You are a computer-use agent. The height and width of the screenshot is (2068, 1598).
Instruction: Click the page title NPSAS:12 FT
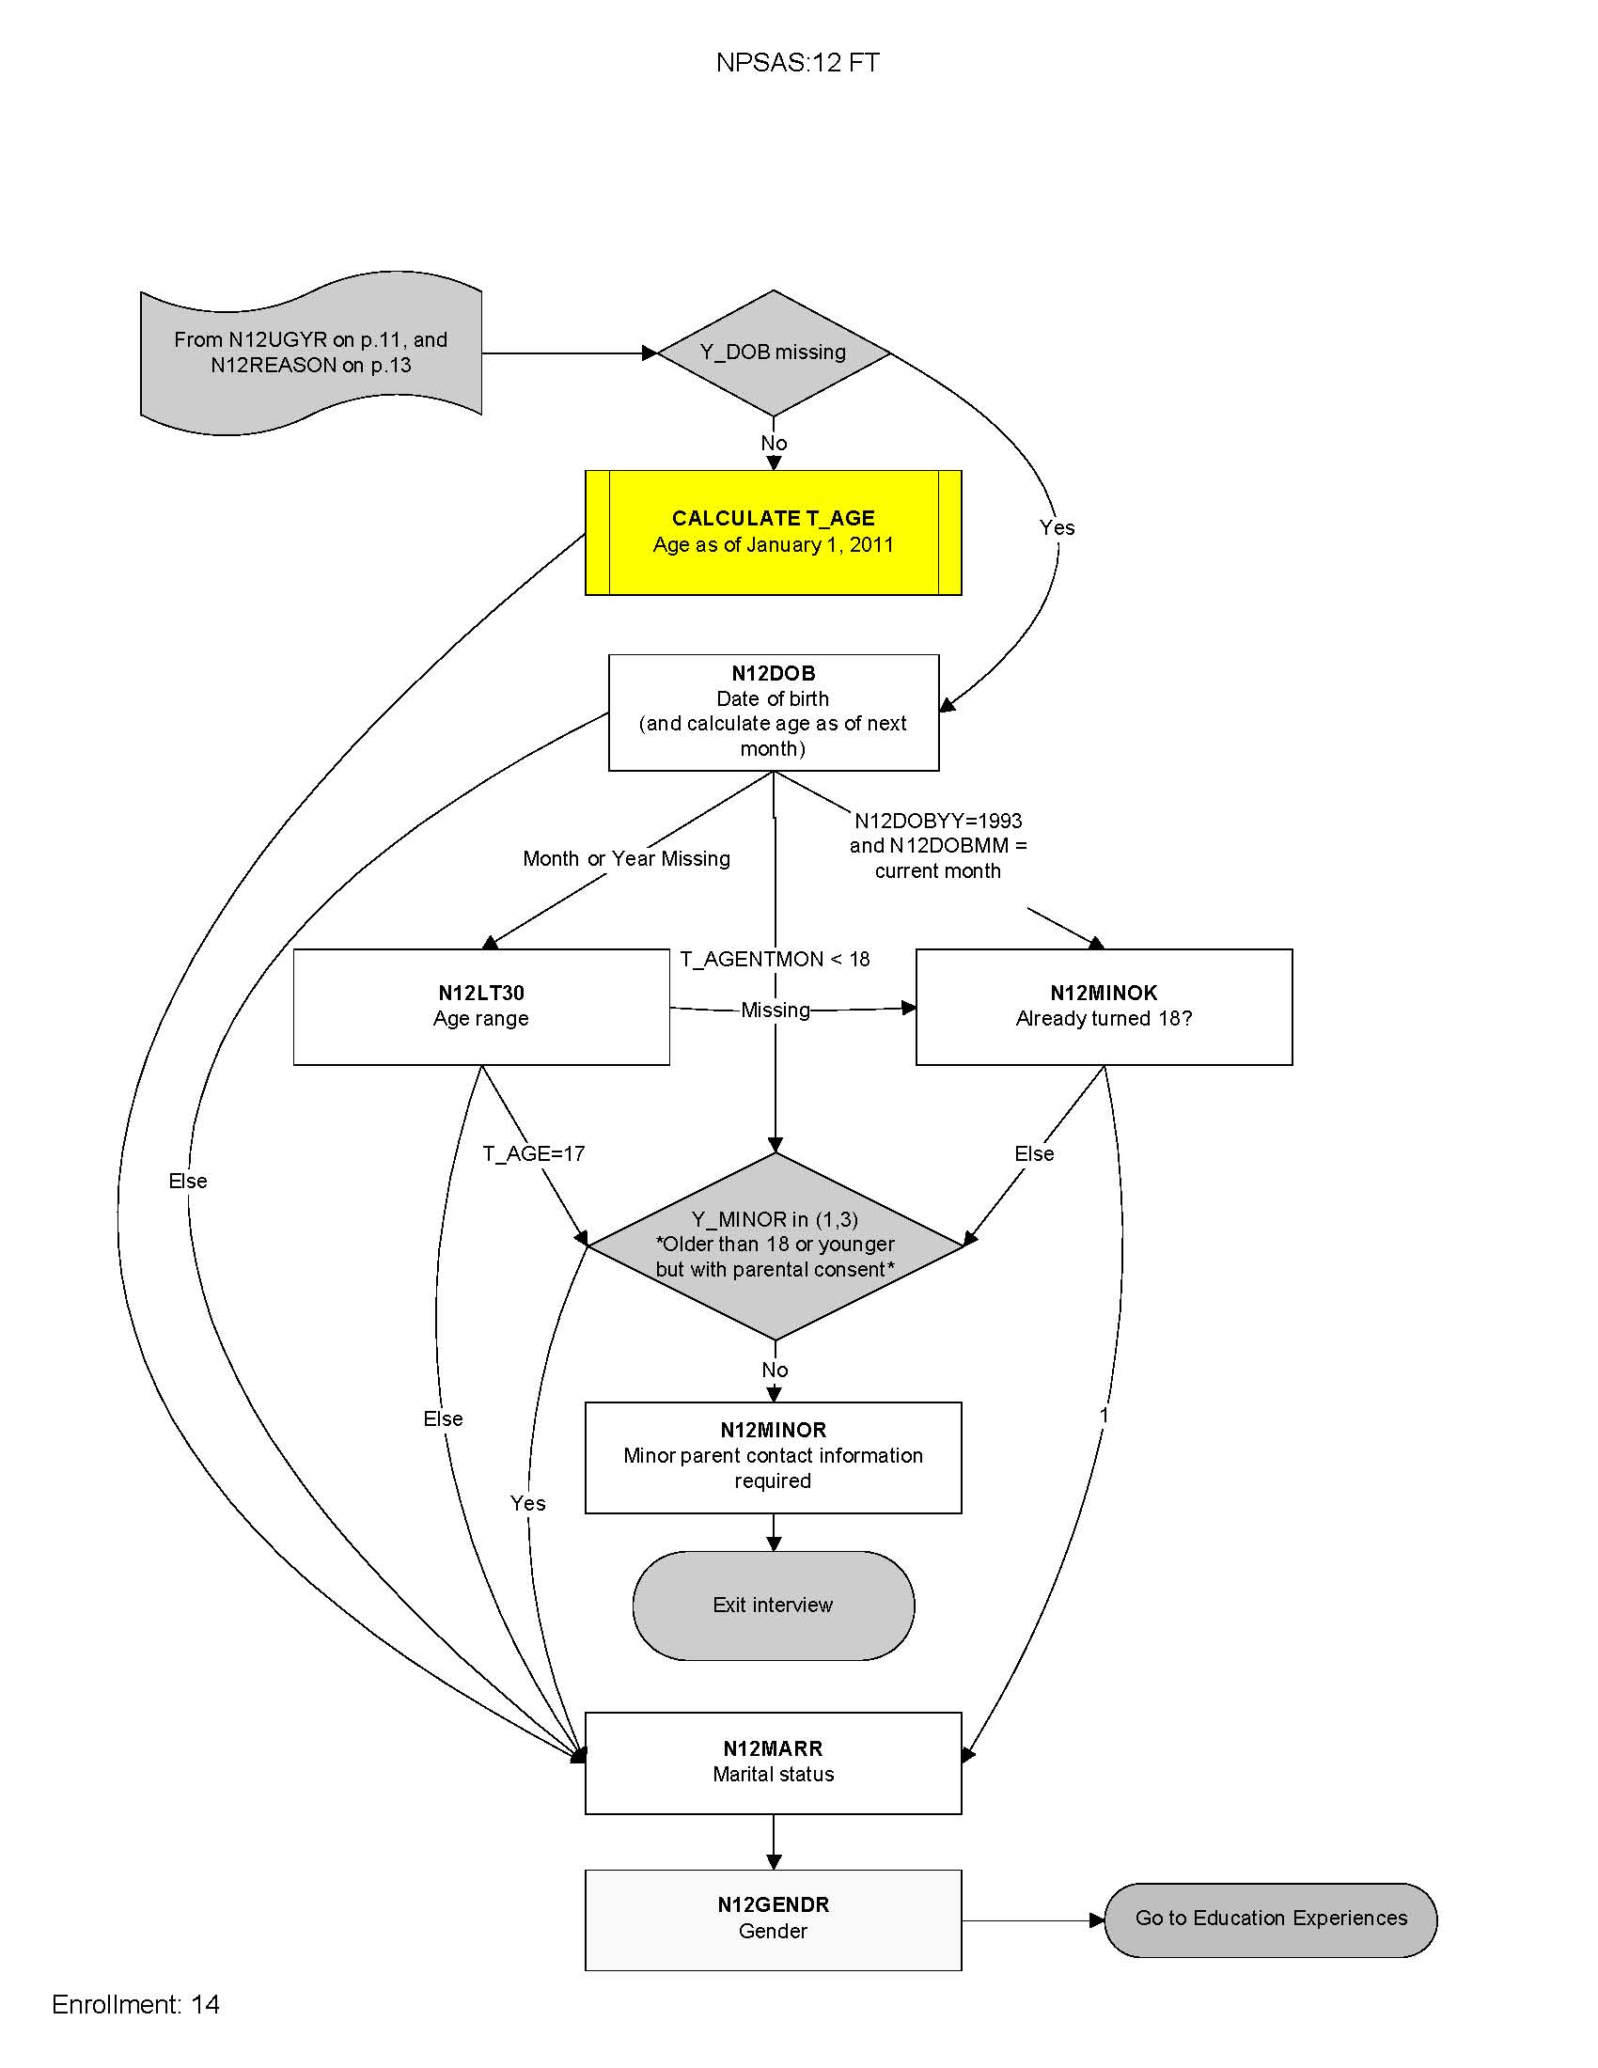[x=797, y=62]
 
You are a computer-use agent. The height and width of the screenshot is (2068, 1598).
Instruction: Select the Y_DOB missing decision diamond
[x=773, y=352]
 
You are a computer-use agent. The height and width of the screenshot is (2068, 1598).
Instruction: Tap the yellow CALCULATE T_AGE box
[x=773, y=532]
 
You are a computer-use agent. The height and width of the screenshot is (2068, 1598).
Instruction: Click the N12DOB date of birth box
[x=773, y=713]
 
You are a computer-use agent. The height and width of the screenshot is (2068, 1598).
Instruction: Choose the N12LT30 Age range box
[x=481, y=1007]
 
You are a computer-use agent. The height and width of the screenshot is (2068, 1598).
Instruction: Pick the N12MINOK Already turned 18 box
[x=1103, y=1007]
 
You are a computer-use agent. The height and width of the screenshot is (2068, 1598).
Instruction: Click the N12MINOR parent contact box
[x=773, y=1456]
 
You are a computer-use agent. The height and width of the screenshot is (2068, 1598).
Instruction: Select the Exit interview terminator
[x=773, y=1605]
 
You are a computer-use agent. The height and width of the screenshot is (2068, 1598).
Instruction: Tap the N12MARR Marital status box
[x=773, y=1762]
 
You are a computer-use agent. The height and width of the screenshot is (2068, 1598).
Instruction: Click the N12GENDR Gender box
[x=773, y=1919]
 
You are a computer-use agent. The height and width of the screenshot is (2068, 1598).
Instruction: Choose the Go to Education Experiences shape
[x=1271, y=1919]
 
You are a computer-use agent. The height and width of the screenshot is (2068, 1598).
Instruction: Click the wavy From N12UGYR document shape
[x=310, y=352]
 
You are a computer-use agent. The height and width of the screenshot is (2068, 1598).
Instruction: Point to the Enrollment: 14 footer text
[x=135, y=2005]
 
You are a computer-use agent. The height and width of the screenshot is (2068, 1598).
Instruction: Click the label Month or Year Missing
[x=626, y=859]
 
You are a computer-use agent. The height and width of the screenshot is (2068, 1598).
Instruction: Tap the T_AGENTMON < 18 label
[x=775, y=959]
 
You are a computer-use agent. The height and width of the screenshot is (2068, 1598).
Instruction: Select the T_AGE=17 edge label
[x=533, y=1153]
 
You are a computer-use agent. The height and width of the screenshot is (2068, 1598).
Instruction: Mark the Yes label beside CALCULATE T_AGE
[x=1057, y=527]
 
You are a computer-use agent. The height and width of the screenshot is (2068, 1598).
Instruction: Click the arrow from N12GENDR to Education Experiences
[x=1032, y=1920]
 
